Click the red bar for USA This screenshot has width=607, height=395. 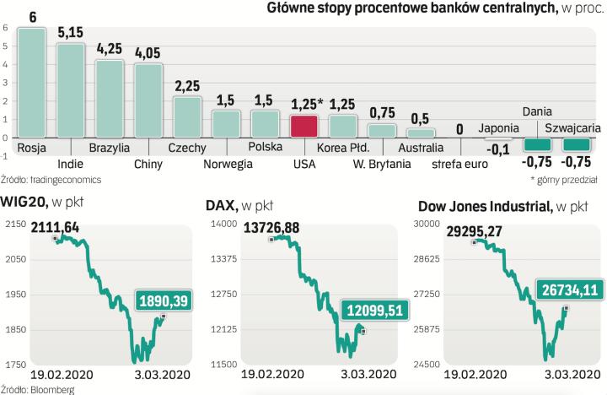303,126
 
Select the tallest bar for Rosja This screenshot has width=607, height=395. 32,82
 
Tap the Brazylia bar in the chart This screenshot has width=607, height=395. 110,98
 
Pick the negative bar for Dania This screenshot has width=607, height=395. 537,145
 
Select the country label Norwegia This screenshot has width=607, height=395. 227,164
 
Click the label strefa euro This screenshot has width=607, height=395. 459,164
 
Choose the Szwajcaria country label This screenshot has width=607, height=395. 572,128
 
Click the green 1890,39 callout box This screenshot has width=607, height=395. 162,300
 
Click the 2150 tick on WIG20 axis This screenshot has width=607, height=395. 13,224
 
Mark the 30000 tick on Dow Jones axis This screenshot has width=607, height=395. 429,224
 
